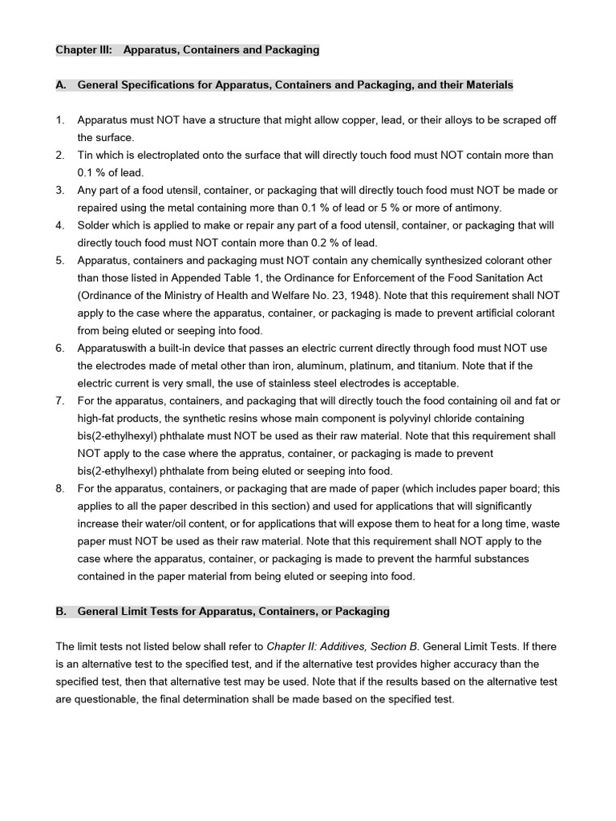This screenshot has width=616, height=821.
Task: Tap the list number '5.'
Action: click(x=60, y=261)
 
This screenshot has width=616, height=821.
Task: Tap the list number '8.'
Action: click(x=60, y=488)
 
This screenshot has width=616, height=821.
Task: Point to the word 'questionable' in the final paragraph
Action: click(x=105, y=699)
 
